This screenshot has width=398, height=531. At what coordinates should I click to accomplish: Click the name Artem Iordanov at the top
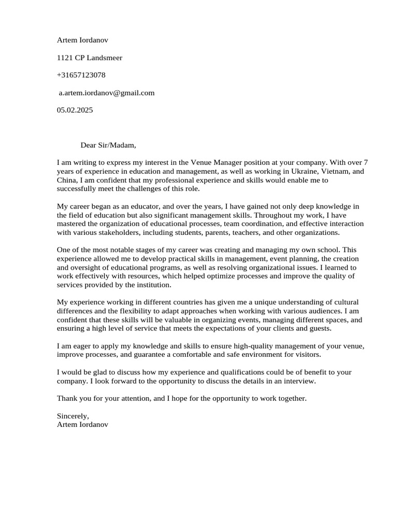click(83, 40)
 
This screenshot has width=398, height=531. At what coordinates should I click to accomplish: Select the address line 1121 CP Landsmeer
click(90, 58)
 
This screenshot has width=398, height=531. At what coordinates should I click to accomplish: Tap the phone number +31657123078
click(81, 75)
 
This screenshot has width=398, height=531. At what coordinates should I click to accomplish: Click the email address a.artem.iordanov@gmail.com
click(106, 93)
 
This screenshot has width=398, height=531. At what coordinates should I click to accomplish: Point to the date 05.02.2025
click(75, 110)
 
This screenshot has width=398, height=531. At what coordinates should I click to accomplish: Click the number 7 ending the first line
click(365, 163)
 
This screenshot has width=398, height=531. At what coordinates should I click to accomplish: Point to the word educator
click(143, 207)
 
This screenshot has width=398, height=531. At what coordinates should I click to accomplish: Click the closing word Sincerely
click(73, 416)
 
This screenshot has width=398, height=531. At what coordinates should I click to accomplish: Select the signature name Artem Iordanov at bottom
click(83, 425)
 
